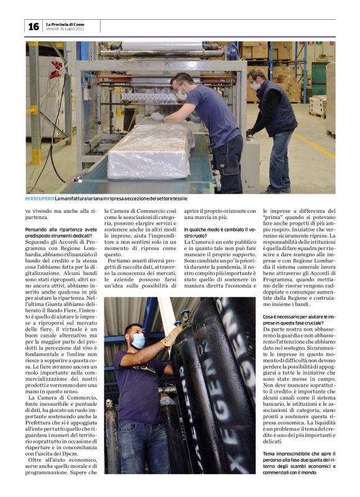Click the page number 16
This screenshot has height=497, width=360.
click(x=33, y=26)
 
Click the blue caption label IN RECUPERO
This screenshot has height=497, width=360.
click(x=38, y=199)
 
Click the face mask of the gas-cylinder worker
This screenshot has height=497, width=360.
click(x=138, y=341)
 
